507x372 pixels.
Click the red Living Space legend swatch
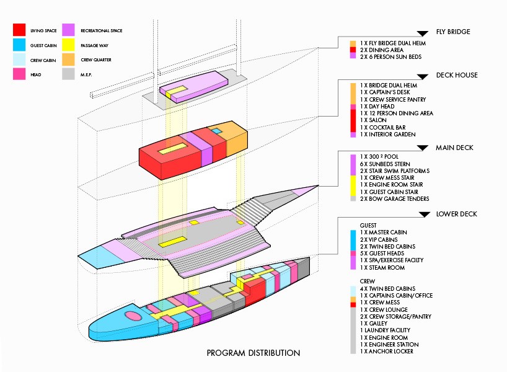pos(19,29)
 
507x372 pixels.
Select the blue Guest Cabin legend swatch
pos(19,45)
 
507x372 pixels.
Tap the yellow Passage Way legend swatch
pos(68,45)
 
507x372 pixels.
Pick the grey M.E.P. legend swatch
pos(68,74)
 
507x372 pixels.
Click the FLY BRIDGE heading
pos(453,32)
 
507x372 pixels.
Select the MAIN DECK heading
pos(454,148)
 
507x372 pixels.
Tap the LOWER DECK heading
pos(456,214)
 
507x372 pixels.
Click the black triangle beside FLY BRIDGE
pos(423,32)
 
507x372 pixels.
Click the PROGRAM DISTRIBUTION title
pos(254,353)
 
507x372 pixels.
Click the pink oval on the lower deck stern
pos(133,316)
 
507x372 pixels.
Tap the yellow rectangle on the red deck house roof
pos(171,148)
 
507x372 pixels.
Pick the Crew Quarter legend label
pos(95,60)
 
